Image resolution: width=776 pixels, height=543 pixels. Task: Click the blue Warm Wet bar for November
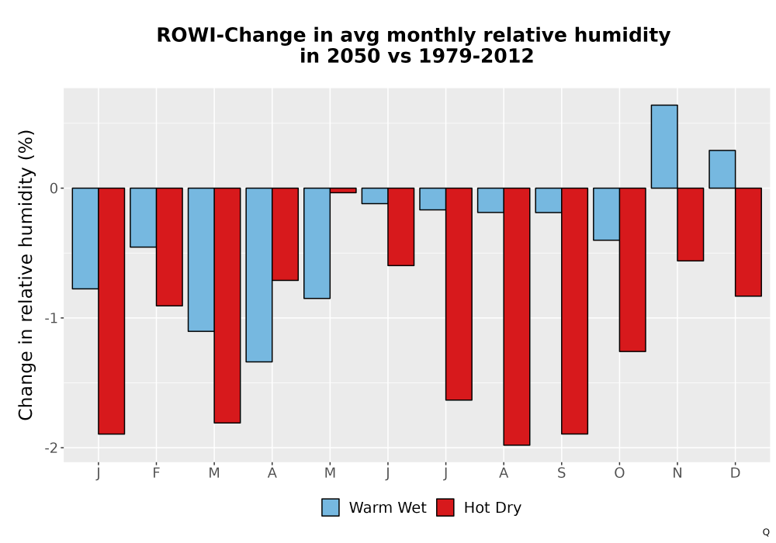664,147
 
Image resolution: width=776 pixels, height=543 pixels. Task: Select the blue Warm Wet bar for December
722,169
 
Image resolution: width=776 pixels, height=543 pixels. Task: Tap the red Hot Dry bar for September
574,311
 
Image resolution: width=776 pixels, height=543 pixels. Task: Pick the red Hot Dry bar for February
169,247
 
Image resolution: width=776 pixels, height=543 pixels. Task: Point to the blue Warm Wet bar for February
143,218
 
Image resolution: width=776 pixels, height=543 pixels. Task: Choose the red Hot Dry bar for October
632,269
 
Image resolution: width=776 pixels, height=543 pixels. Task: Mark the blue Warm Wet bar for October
606,214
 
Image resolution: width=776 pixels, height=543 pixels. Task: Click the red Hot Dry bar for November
691,224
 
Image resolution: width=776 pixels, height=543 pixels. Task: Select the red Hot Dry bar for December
748,242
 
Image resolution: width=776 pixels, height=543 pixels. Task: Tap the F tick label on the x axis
156,473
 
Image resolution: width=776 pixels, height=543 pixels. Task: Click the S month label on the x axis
561,473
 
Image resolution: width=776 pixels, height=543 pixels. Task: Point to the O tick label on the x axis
619,473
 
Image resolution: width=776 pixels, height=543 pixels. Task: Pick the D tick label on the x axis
735,473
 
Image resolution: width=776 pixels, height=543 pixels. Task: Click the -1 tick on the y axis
51,318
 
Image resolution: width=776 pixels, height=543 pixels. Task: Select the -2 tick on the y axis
51,448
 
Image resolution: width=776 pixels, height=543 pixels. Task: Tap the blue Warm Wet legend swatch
331,507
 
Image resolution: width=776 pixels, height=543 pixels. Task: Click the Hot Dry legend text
493,508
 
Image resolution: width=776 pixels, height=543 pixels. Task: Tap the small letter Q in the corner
766,532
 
